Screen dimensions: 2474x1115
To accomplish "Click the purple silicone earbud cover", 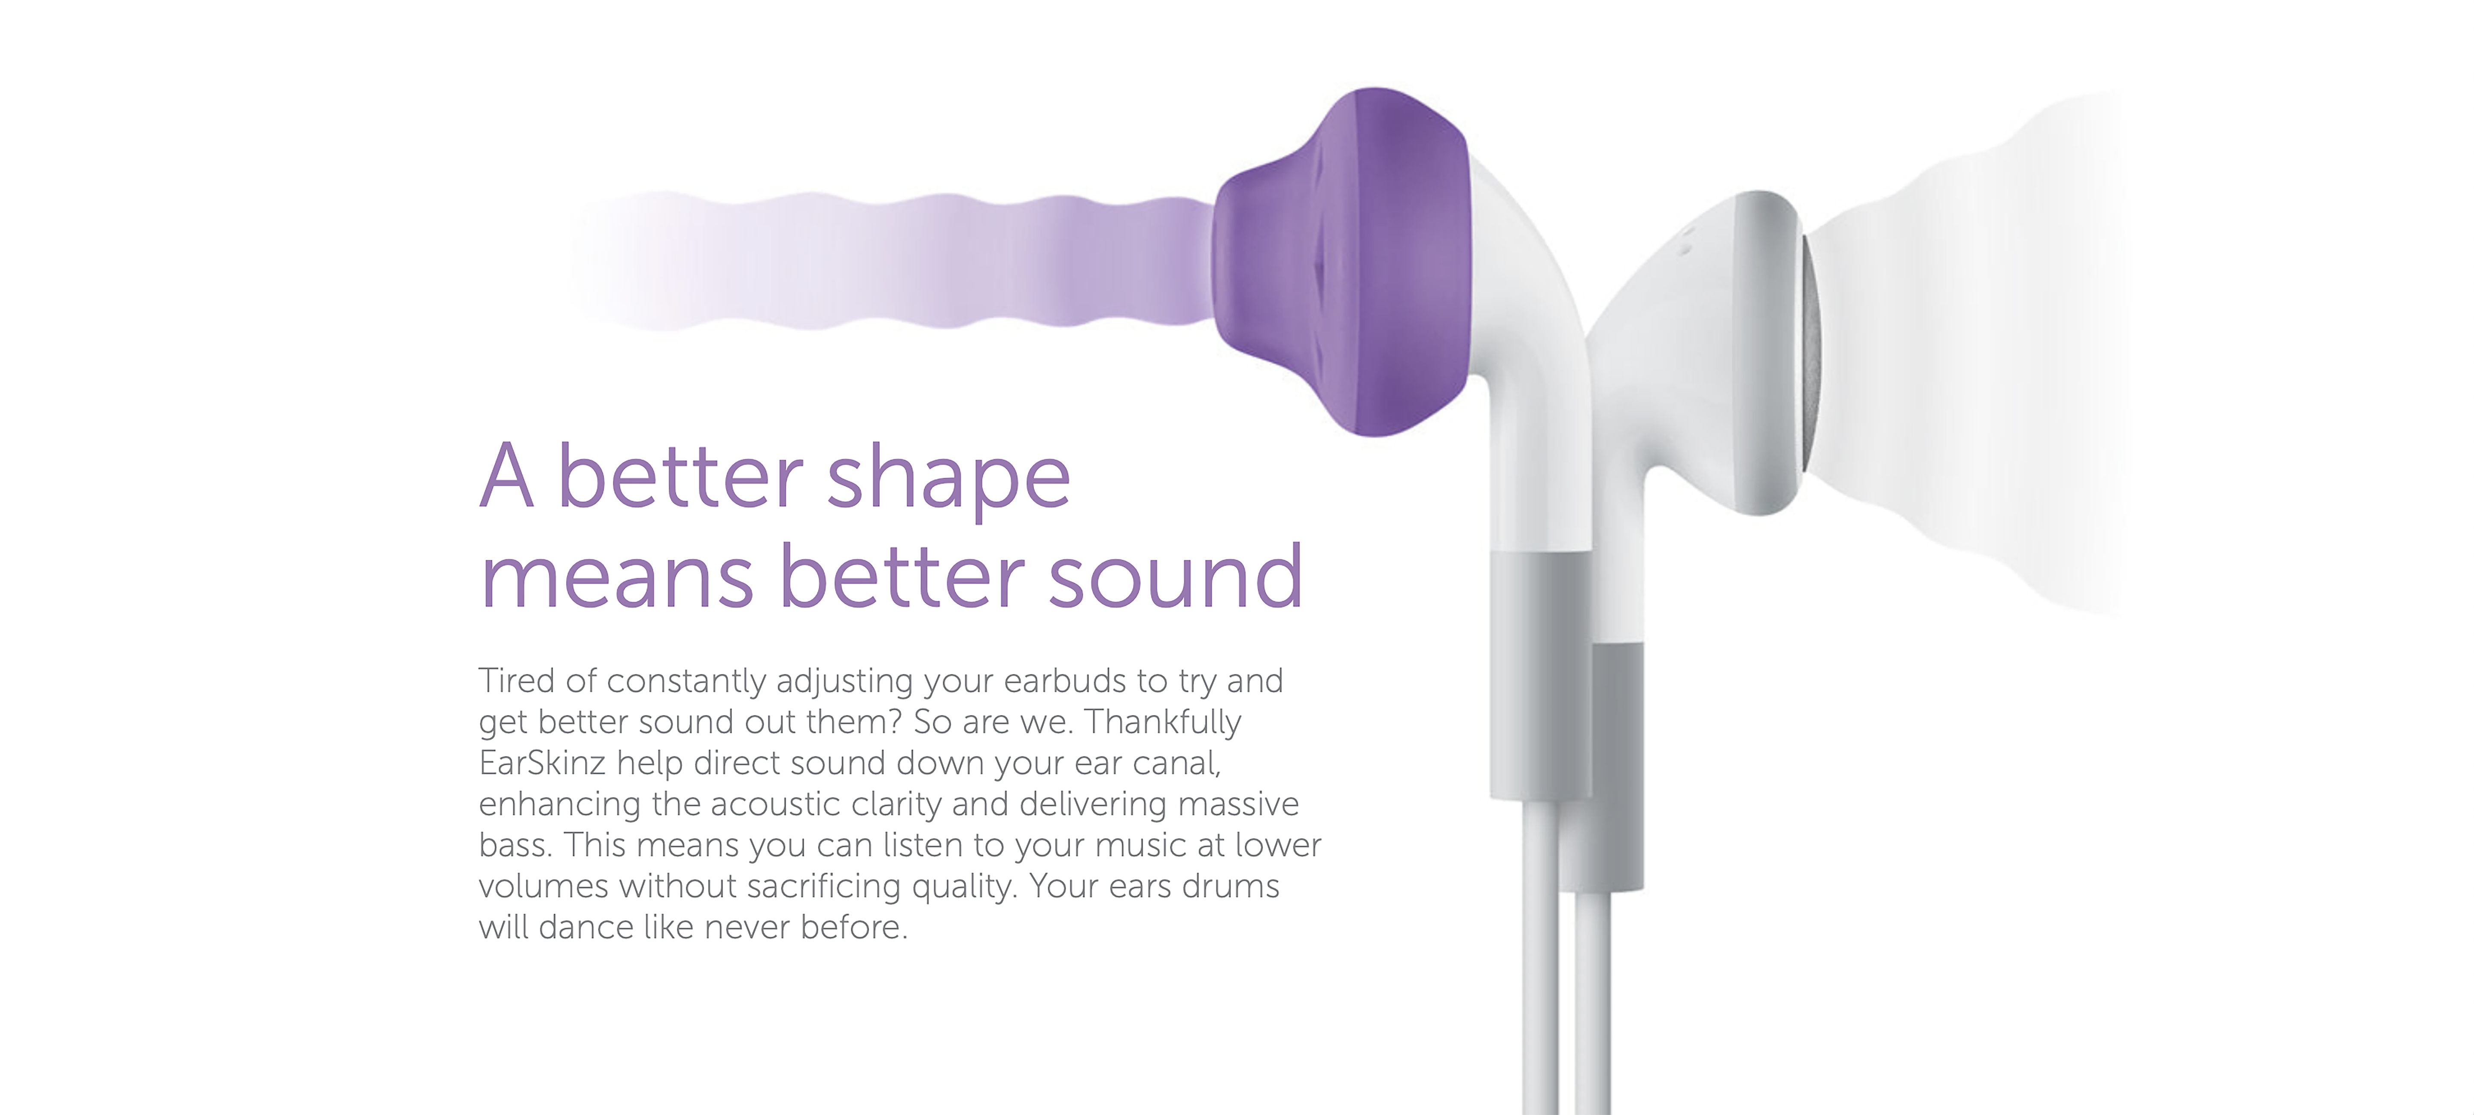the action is click(x=1344, y=261).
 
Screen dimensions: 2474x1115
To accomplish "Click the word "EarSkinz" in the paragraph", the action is click(x=542, y=763).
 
